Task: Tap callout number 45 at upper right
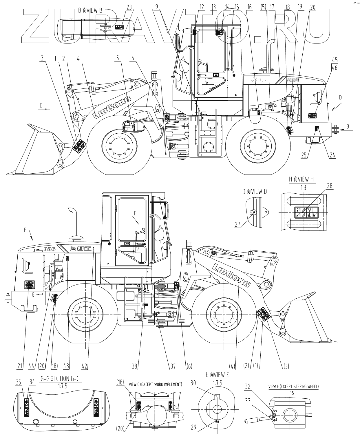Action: pos(335,60)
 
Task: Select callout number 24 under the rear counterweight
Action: pos(332,155)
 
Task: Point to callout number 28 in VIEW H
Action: pos(330,186)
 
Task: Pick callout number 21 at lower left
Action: pos(20,366)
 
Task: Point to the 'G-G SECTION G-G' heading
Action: pos(55,379)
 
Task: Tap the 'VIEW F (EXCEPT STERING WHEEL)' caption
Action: pos(293,386)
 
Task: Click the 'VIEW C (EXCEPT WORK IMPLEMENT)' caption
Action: pos(156,384)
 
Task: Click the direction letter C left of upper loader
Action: pos(41,106)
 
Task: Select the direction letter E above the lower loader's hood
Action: pos(26,230)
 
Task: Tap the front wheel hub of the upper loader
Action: pos(119,145)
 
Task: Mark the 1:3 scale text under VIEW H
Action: pos(303,188)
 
